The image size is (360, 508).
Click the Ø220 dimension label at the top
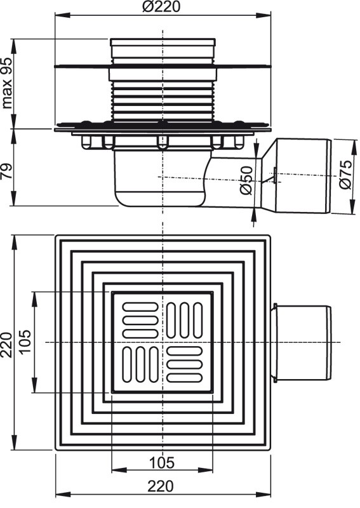pos(161,6)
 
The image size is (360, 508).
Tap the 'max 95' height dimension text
pos(7,83)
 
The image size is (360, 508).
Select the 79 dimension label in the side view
pos(7,171)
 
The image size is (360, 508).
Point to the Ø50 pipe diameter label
pos(246,180)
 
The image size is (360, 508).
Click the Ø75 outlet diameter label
pos(345,174)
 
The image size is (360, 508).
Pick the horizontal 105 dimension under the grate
pos(162,462)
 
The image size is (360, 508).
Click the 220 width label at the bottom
pos(161,486)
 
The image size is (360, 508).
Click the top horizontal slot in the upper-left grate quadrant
pos(140,307)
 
